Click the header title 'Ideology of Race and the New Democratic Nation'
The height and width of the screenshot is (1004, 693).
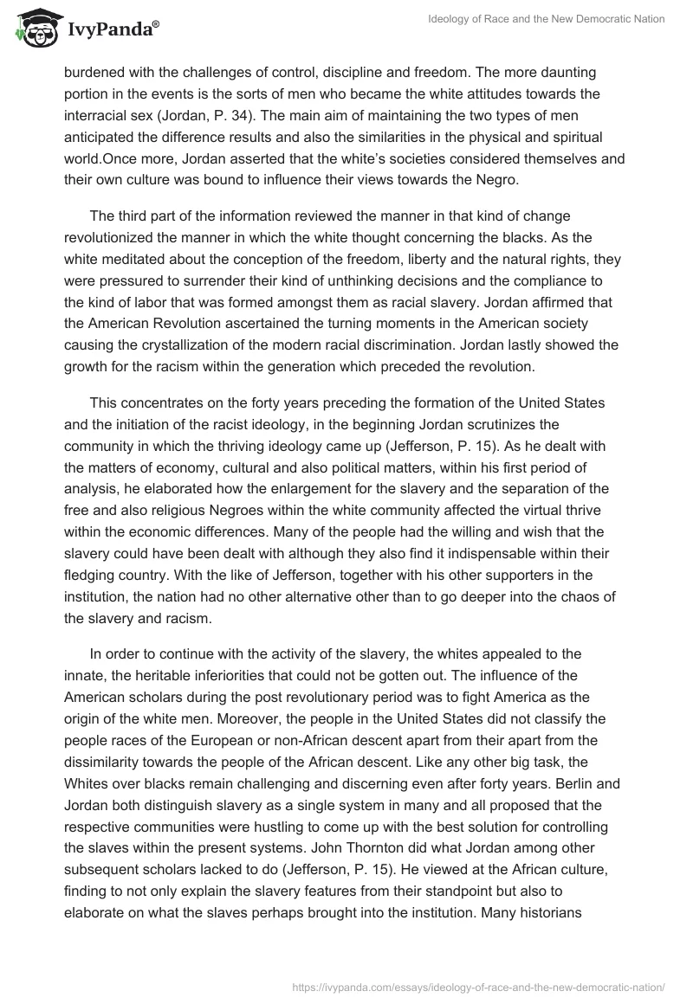click(547, 19)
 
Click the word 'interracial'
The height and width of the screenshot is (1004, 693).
click(96, 116)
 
